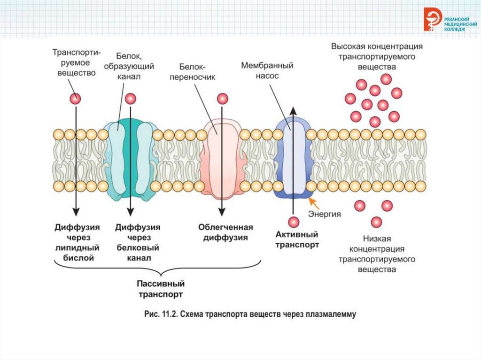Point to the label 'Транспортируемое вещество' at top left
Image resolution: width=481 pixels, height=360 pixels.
point(74,62)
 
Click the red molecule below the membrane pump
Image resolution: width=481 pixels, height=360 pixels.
point(294,222)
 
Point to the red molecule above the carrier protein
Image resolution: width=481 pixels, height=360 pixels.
point(222,99)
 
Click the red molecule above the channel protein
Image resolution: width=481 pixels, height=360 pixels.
point(131,99)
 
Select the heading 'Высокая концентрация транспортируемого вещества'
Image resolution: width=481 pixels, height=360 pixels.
point(377,57)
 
